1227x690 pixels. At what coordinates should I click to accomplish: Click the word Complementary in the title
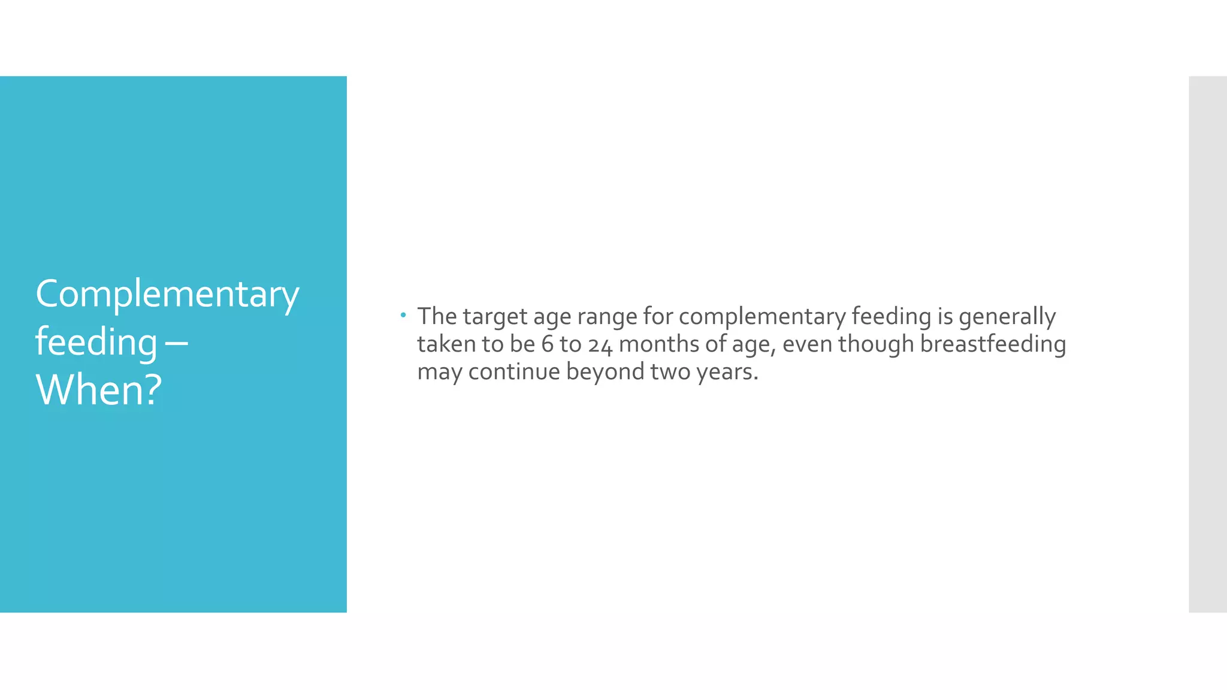[167, 295]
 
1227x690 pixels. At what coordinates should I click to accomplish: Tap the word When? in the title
[99, 390]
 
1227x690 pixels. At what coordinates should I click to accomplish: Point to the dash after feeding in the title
[175, 343]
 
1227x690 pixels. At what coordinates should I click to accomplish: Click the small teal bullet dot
[403, 314]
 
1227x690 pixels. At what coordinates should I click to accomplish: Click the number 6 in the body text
[547, 344]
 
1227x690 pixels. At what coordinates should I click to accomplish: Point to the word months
[655, 344]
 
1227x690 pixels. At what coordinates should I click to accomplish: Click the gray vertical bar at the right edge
[1207, 344]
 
